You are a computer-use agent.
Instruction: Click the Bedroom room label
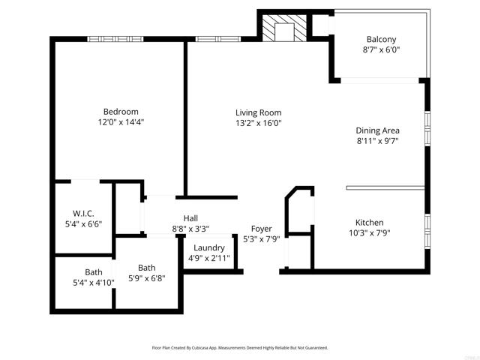point(121,112)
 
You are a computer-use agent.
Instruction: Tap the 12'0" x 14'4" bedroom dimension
point(121,121)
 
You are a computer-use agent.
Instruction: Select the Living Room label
point(259,112)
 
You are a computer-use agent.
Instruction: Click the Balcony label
point(381,40)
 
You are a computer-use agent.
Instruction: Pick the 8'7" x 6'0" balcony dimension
point(381,50)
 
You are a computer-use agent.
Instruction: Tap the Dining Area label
point(377,130)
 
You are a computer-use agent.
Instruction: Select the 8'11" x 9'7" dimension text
point(377,140)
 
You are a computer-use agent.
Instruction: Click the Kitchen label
point(370,223)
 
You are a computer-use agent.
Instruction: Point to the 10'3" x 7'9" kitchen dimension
point(370,232)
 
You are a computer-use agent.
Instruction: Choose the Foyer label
point(262,229)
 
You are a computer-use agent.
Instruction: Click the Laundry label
point(209,248)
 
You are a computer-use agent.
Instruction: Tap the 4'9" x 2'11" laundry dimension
point(209,259)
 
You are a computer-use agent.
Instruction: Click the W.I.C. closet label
point(82,213)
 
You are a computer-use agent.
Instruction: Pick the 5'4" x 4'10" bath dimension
point(94,283)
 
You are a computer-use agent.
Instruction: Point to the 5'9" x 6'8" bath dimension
point(146,278)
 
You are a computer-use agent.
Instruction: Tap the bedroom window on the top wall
point(115,39)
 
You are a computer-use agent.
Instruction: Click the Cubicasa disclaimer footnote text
point(240,348)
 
